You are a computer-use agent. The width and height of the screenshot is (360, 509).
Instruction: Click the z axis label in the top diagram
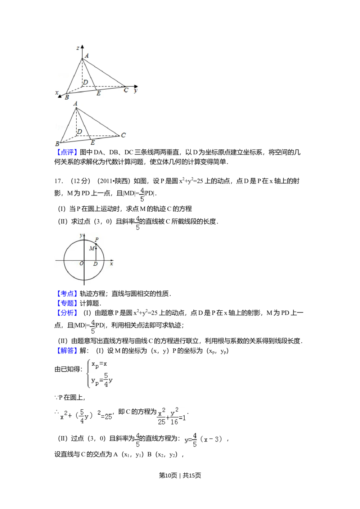tap(78, 48)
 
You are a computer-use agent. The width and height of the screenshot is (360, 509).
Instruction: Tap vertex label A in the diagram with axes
tap(87, 55)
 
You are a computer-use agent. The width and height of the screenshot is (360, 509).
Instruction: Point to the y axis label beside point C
tap(136, 91)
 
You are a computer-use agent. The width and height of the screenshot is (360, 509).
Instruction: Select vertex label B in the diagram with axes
tap(67, 97)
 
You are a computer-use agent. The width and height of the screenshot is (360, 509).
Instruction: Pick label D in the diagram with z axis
tap(85, 83)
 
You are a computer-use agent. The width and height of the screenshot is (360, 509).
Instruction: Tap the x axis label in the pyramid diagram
tap(57, 93)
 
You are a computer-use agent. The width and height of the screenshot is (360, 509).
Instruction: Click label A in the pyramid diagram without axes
tap(76, 104)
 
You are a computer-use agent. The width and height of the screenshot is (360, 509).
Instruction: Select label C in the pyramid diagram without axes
tap(123, 135)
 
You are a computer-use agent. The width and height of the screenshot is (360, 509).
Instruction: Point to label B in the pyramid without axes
tap(57, 144)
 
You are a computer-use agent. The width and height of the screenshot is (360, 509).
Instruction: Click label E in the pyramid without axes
tap(93, 143)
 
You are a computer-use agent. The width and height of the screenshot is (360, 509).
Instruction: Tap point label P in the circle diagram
tap(97, 239)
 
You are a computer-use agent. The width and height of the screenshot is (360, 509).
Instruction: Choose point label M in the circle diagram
tap(91, 248)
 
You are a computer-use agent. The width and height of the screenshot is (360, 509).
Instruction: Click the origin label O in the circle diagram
tap(81, 264)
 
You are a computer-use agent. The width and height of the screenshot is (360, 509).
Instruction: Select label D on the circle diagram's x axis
tap(95, 264)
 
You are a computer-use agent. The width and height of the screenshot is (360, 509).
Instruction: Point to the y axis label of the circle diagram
tap(81, 235)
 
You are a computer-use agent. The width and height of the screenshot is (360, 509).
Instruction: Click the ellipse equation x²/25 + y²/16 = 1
tap(171, 416)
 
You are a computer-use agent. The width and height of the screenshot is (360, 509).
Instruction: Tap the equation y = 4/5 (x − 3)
tap(204, 439)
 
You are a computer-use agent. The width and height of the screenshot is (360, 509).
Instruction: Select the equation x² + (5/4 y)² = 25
tap(85, 416)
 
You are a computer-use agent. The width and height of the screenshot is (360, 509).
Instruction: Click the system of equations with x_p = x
tap(99, 373)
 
